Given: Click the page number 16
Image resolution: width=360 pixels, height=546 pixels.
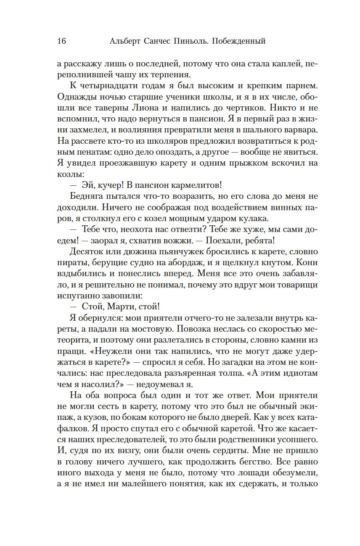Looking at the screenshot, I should click(x=61, y=41).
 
